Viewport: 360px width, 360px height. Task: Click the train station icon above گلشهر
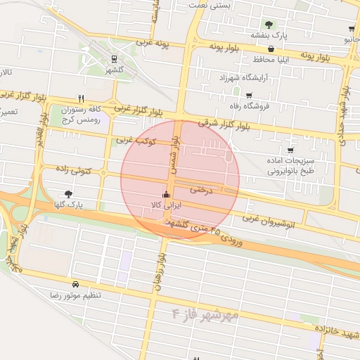coord(114,60)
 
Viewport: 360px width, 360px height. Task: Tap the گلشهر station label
coord(114,70)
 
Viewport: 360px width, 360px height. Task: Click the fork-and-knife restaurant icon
coord(82,98)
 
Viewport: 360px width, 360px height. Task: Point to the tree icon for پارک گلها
coord(68,193)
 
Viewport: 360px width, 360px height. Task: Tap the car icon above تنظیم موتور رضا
coord(75,284)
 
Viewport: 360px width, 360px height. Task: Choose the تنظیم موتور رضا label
coord(75,295)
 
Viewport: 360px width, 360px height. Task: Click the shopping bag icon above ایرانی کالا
coord(166,195)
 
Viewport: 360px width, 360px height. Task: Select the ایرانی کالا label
coord(167,205)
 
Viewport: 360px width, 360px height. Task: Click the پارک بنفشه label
coord(268,34)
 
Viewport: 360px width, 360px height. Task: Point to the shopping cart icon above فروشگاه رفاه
coord(248,95)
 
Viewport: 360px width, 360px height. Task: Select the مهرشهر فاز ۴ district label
coord(204,313)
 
